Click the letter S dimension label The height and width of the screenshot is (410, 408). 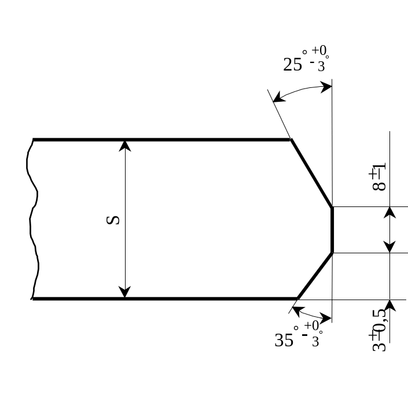tap(113, 220)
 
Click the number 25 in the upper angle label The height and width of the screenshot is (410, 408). tap(293, 64)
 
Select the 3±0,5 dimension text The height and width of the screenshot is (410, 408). tap(379, 330)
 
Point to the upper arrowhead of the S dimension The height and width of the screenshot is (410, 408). tap(125, 145)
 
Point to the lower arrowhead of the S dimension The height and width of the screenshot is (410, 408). tap(125, 293)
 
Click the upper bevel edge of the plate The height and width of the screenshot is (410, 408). tap(312, 173)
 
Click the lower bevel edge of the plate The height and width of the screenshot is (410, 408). tap(315, 275)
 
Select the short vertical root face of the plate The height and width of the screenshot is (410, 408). tap(332, 230)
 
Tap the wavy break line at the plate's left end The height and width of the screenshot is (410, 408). tap(34, 220)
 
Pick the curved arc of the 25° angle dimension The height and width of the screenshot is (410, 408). tap(301, 88)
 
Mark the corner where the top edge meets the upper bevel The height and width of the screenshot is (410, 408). tap(291, 140)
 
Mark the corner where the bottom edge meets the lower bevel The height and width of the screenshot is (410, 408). tap(297, 298)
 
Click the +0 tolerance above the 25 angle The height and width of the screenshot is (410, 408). tap(321, 51)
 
